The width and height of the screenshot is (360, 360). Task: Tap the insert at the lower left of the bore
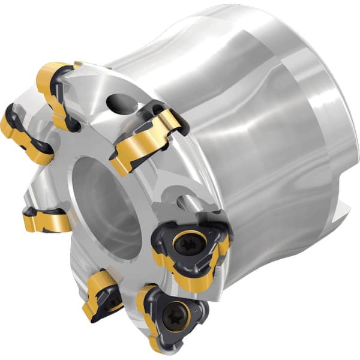coord(45,220)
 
